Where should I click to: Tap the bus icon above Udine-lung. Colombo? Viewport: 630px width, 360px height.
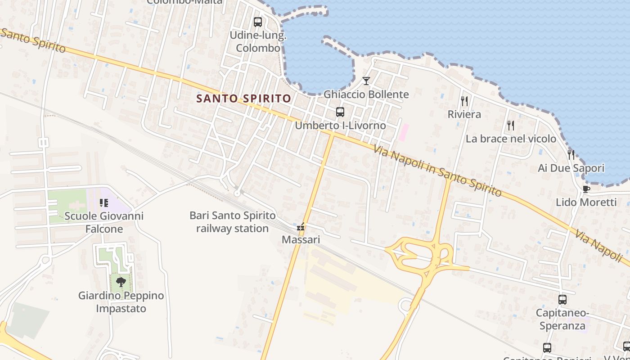point(258,22)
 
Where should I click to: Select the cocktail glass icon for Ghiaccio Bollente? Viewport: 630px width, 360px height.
point(366,81)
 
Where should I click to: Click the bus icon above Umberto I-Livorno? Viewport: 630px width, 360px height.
point(340,112)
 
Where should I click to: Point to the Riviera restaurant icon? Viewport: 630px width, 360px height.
point(464,101)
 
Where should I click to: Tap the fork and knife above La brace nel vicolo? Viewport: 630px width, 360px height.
point(511,125)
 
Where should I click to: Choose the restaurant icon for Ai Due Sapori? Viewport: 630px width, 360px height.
point(571,155)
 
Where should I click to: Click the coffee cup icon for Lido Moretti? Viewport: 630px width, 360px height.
point(586,189)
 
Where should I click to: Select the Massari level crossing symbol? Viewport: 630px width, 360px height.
point(301,228)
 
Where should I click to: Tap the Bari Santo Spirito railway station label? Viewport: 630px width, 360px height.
point(232,222)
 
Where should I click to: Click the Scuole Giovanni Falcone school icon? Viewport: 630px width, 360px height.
point(104,203)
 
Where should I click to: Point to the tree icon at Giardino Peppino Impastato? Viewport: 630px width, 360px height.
point(121,283)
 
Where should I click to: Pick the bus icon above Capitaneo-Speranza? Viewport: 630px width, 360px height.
point(562,300)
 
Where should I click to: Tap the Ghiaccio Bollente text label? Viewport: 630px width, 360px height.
point(366,94)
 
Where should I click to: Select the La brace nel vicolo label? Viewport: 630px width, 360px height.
point(511,139)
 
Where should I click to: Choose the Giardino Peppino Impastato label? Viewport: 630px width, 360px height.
point(121,302)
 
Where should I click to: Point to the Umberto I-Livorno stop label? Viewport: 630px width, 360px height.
point(340,126)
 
